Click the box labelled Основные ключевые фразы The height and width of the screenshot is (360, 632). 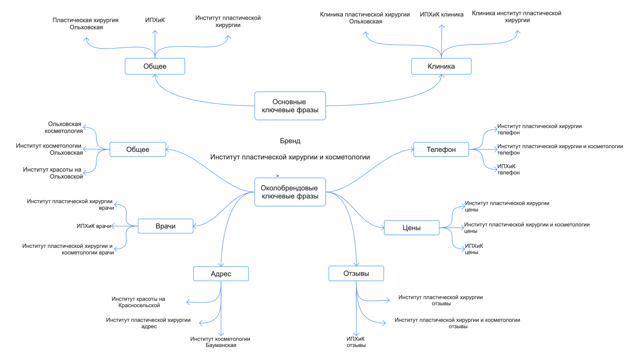click(x=290, y=106)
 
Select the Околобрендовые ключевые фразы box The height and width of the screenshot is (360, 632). click(x=290, y=192)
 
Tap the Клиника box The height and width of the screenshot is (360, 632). click(x=441, y=66)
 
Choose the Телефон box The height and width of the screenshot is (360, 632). click(x=441, y=149)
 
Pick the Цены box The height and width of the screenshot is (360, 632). click(x=411, y=228)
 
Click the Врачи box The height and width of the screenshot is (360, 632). click(x=166, y=226)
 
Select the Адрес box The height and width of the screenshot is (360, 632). click(x=221, y=274)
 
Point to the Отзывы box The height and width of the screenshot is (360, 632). click(x=356, y=273)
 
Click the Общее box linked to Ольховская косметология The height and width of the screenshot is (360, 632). click(x=138, y=149)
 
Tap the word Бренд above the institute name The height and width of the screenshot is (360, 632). click(x=290, y=141)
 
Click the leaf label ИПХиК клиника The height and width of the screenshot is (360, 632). click(x=441, y=14)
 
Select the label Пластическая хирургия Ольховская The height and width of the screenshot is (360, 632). click(x=85, y=24)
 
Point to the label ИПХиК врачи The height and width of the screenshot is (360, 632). click(x=94, y=226)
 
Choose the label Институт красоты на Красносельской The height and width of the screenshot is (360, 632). click(x=139, y=302)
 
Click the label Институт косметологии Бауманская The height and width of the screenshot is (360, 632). click(x=220, y=342)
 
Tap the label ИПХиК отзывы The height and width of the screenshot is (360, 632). click(x=356, y=342)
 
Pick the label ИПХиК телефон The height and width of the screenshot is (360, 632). click(x=508, y=169)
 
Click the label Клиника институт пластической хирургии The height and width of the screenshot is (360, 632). click(x=516, y=17)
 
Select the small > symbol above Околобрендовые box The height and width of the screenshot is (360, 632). click(x=278, y=176)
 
